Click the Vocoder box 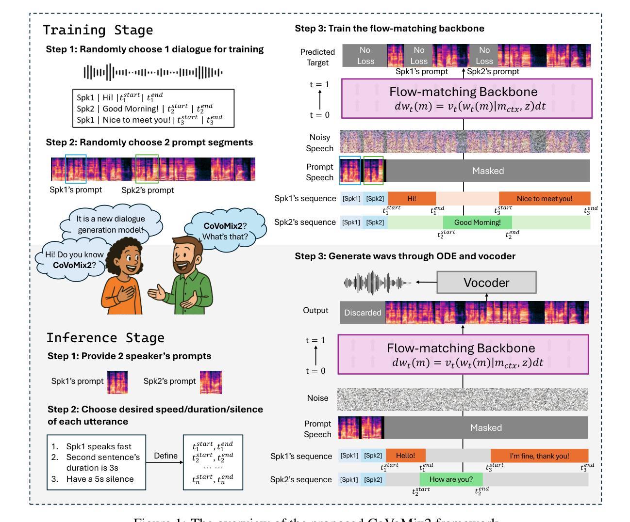pyautogui.click(x=486, y=283)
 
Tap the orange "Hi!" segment pyautogui.click(x=412, y=198)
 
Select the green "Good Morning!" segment pyautogui.click(x=477, y=222)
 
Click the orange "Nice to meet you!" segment pyautogui.click(x=544, y=198)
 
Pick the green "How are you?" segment pyautogui.click(x=451, y=479)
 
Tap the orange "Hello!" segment pyautogui.click(x=405, y=456)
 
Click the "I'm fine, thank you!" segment pyautogui.click(x=539, y=456)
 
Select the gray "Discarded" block pyautogui.click(x=363, y=313)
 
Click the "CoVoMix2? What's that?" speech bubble pyautogui.click(x=225, y=231)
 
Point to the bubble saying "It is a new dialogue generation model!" pyautogui.click(x=110, y=224)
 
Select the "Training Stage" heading pyautogui.click(x=98, y=30)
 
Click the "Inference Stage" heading pyautogui.click(x=105, y=337)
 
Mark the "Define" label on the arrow pyautogui.click(x=166, y=456)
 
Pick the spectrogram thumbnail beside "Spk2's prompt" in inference pyautogui.click(x=211, y=382)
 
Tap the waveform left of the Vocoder pyautogui.click(x=377, y=283)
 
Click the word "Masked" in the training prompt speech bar pyautogui.click(x=488, y=171)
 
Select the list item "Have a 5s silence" pyautogui.click(x=99, y=479)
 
